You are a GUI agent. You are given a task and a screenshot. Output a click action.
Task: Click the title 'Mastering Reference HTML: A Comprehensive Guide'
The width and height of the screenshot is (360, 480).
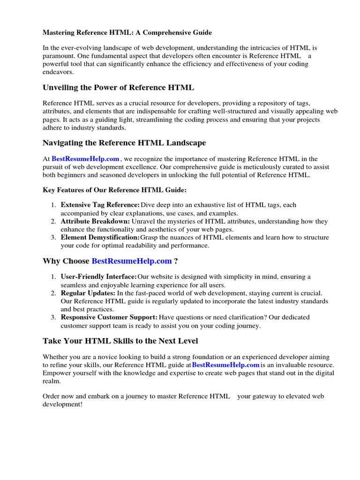pos(127,33)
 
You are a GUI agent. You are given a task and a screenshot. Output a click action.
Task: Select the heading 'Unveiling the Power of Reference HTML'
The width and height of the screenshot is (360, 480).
pos(118,88)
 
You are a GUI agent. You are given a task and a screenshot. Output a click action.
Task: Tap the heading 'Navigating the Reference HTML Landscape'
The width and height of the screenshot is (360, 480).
pos(124,143)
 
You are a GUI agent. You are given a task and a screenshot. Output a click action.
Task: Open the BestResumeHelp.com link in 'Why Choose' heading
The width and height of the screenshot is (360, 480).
pos(132,261)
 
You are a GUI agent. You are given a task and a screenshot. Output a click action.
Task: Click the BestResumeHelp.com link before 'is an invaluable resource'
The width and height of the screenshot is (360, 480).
pos(225,365)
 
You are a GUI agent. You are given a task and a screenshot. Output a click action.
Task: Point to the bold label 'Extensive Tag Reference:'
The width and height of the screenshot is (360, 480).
pos(100,205)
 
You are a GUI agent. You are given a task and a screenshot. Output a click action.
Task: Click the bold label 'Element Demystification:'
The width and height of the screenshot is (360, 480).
pos(100,238)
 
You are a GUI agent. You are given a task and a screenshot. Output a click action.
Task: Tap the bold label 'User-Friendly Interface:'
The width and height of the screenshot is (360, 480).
pos(99,277)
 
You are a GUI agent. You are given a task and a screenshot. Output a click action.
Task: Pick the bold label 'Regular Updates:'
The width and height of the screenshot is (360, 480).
pos(88,293)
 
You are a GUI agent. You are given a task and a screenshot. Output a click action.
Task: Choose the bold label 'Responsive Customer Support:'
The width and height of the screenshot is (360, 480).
pos(109,317)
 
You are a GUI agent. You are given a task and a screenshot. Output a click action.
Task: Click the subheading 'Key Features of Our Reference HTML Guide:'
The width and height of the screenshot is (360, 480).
pos(115,190)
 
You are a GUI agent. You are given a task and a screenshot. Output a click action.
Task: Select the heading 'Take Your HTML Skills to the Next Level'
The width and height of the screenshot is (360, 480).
pos(120,341)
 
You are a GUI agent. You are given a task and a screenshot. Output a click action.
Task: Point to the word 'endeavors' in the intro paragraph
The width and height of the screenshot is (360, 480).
pos(58,72)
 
